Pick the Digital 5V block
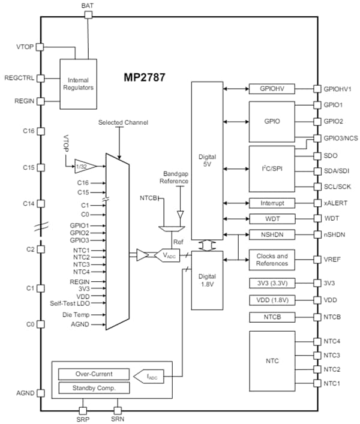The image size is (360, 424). point(206,161)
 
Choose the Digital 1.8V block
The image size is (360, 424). point(206,279)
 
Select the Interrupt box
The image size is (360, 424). point(271,203)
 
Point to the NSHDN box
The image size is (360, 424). point(271,234)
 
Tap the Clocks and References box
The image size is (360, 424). point(271,260)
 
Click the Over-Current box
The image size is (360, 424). point(94,374)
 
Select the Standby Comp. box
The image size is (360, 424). point(94,388)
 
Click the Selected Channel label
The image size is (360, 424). point(122,122)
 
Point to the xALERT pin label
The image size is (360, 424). point(335,203)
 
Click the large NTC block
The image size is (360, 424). point(271,362)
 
